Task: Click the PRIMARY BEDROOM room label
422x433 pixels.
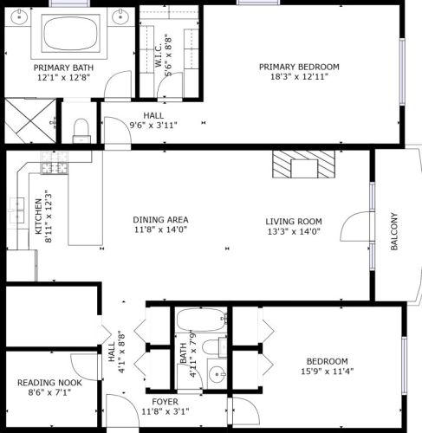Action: pos(299,67)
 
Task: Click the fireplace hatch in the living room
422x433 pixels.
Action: pos(301,163)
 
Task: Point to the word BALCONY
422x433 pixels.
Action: pos(394,231)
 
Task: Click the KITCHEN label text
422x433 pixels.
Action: pos(37,216)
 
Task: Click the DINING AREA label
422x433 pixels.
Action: pos(160,220)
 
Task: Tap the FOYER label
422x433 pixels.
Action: pos(165,401)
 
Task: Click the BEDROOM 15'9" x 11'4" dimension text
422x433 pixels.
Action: pos(327,372)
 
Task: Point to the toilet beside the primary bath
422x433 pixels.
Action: pos(81,131)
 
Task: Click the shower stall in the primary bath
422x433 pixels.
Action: pos(27,120)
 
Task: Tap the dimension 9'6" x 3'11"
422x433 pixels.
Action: pos(153,125)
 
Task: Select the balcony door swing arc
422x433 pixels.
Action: pos(355,229)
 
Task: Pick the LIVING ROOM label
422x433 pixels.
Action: pos(293,221)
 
